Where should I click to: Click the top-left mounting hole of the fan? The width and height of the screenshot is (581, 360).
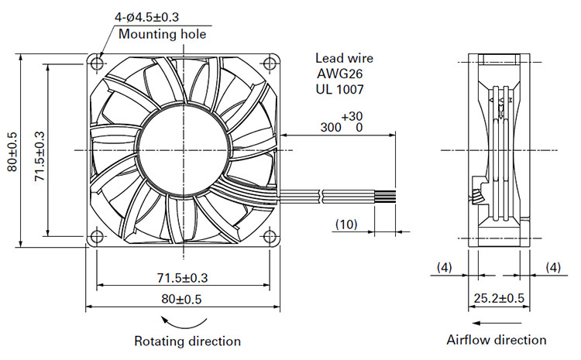[97, 63]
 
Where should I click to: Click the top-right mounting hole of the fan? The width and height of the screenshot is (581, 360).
[270, 63]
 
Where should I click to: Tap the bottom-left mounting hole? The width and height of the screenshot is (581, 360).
[97, 236]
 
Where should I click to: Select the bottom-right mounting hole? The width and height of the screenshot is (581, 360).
[270, 236]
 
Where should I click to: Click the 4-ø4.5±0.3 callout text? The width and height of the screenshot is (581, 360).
[146, 17]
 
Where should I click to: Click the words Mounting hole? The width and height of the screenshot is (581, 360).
[163, 34]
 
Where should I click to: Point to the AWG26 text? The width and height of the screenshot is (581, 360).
[339, 74]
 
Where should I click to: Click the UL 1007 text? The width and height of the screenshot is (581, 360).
[340, 89]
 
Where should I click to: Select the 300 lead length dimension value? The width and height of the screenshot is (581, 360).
[331, 128]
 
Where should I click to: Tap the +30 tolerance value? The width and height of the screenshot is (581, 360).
[352, 116]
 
